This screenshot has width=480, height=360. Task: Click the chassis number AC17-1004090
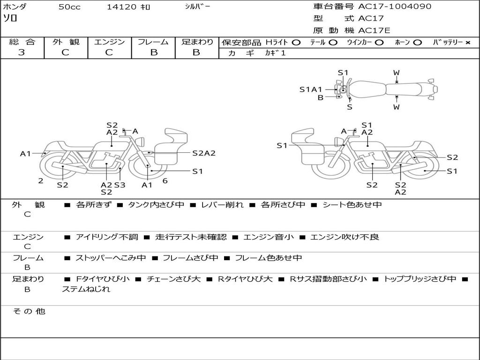[395, 7]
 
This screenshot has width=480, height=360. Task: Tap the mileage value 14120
[121, 7]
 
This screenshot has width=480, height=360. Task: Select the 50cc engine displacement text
[69, 7]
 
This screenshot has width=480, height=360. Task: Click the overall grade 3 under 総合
[22, 52]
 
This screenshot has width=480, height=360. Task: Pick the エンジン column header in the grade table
[109, 42]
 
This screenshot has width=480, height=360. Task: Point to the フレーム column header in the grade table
[153, 42]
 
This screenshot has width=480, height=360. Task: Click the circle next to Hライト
[296, 43]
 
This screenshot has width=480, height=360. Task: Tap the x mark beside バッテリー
[468, 43]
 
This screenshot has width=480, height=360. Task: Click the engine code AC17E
[374, 30]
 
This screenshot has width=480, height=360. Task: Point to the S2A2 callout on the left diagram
[204, 153]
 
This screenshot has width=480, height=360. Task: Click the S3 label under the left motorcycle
[120, 185]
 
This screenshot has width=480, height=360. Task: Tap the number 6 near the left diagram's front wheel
[165, 181]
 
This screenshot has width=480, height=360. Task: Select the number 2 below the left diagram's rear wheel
[41, 181]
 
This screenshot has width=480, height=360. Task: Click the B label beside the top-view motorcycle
[321, 97]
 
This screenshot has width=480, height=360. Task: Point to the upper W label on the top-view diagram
[397, 73]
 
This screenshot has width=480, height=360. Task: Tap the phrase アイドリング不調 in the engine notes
[107, 237]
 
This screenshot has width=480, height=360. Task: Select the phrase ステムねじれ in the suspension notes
[86, 289]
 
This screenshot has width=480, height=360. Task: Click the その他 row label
[29, 311]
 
